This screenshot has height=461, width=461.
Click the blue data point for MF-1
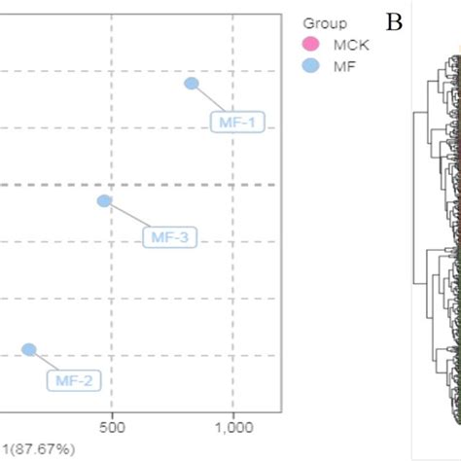click(192, 84)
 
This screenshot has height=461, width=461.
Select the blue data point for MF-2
click(29, 349)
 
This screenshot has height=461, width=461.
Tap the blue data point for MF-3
click(104, 201)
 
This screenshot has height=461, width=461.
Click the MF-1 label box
click(237, 123)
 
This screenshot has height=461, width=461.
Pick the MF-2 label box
click(74, 380)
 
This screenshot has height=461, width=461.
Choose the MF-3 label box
click(170, 237)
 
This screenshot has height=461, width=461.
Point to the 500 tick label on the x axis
click(112, 426)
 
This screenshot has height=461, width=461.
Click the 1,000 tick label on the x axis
click(233, 426)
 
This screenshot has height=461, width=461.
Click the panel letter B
click(394, 21)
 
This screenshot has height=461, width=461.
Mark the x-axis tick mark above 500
click(112, 411)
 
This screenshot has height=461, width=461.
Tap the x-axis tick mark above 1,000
click(233, 411)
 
